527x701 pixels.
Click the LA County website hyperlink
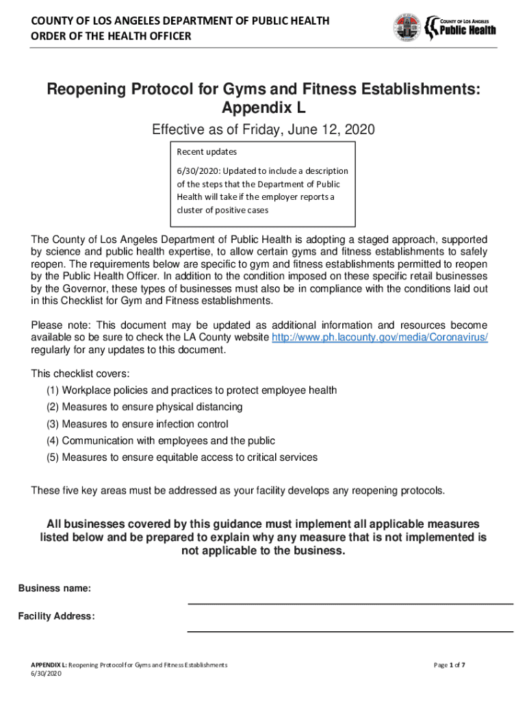click(x=380, y=338)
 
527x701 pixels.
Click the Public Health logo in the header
click(x=460, y=27)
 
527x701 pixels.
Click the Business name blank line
click(x=350, y=602)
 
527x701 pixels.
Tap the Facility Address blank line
click(x=350, y=630)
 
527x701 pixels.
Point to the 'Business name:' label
click(x=55, y=589)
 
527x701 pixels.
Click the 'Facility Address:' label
click(x=57, y=616)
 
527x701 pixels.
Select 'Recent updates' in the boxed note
click(x=207, y=151)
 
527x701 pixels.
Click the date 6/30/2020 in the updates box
click(x=197, y=171)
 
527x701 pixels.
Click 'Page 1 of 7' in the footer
click(x=450, y=665)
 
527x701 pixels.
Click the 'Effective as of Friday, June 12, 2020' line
click(x=263, y=129)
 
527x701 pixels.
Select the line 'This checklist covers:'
click(x=80, y=374)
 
